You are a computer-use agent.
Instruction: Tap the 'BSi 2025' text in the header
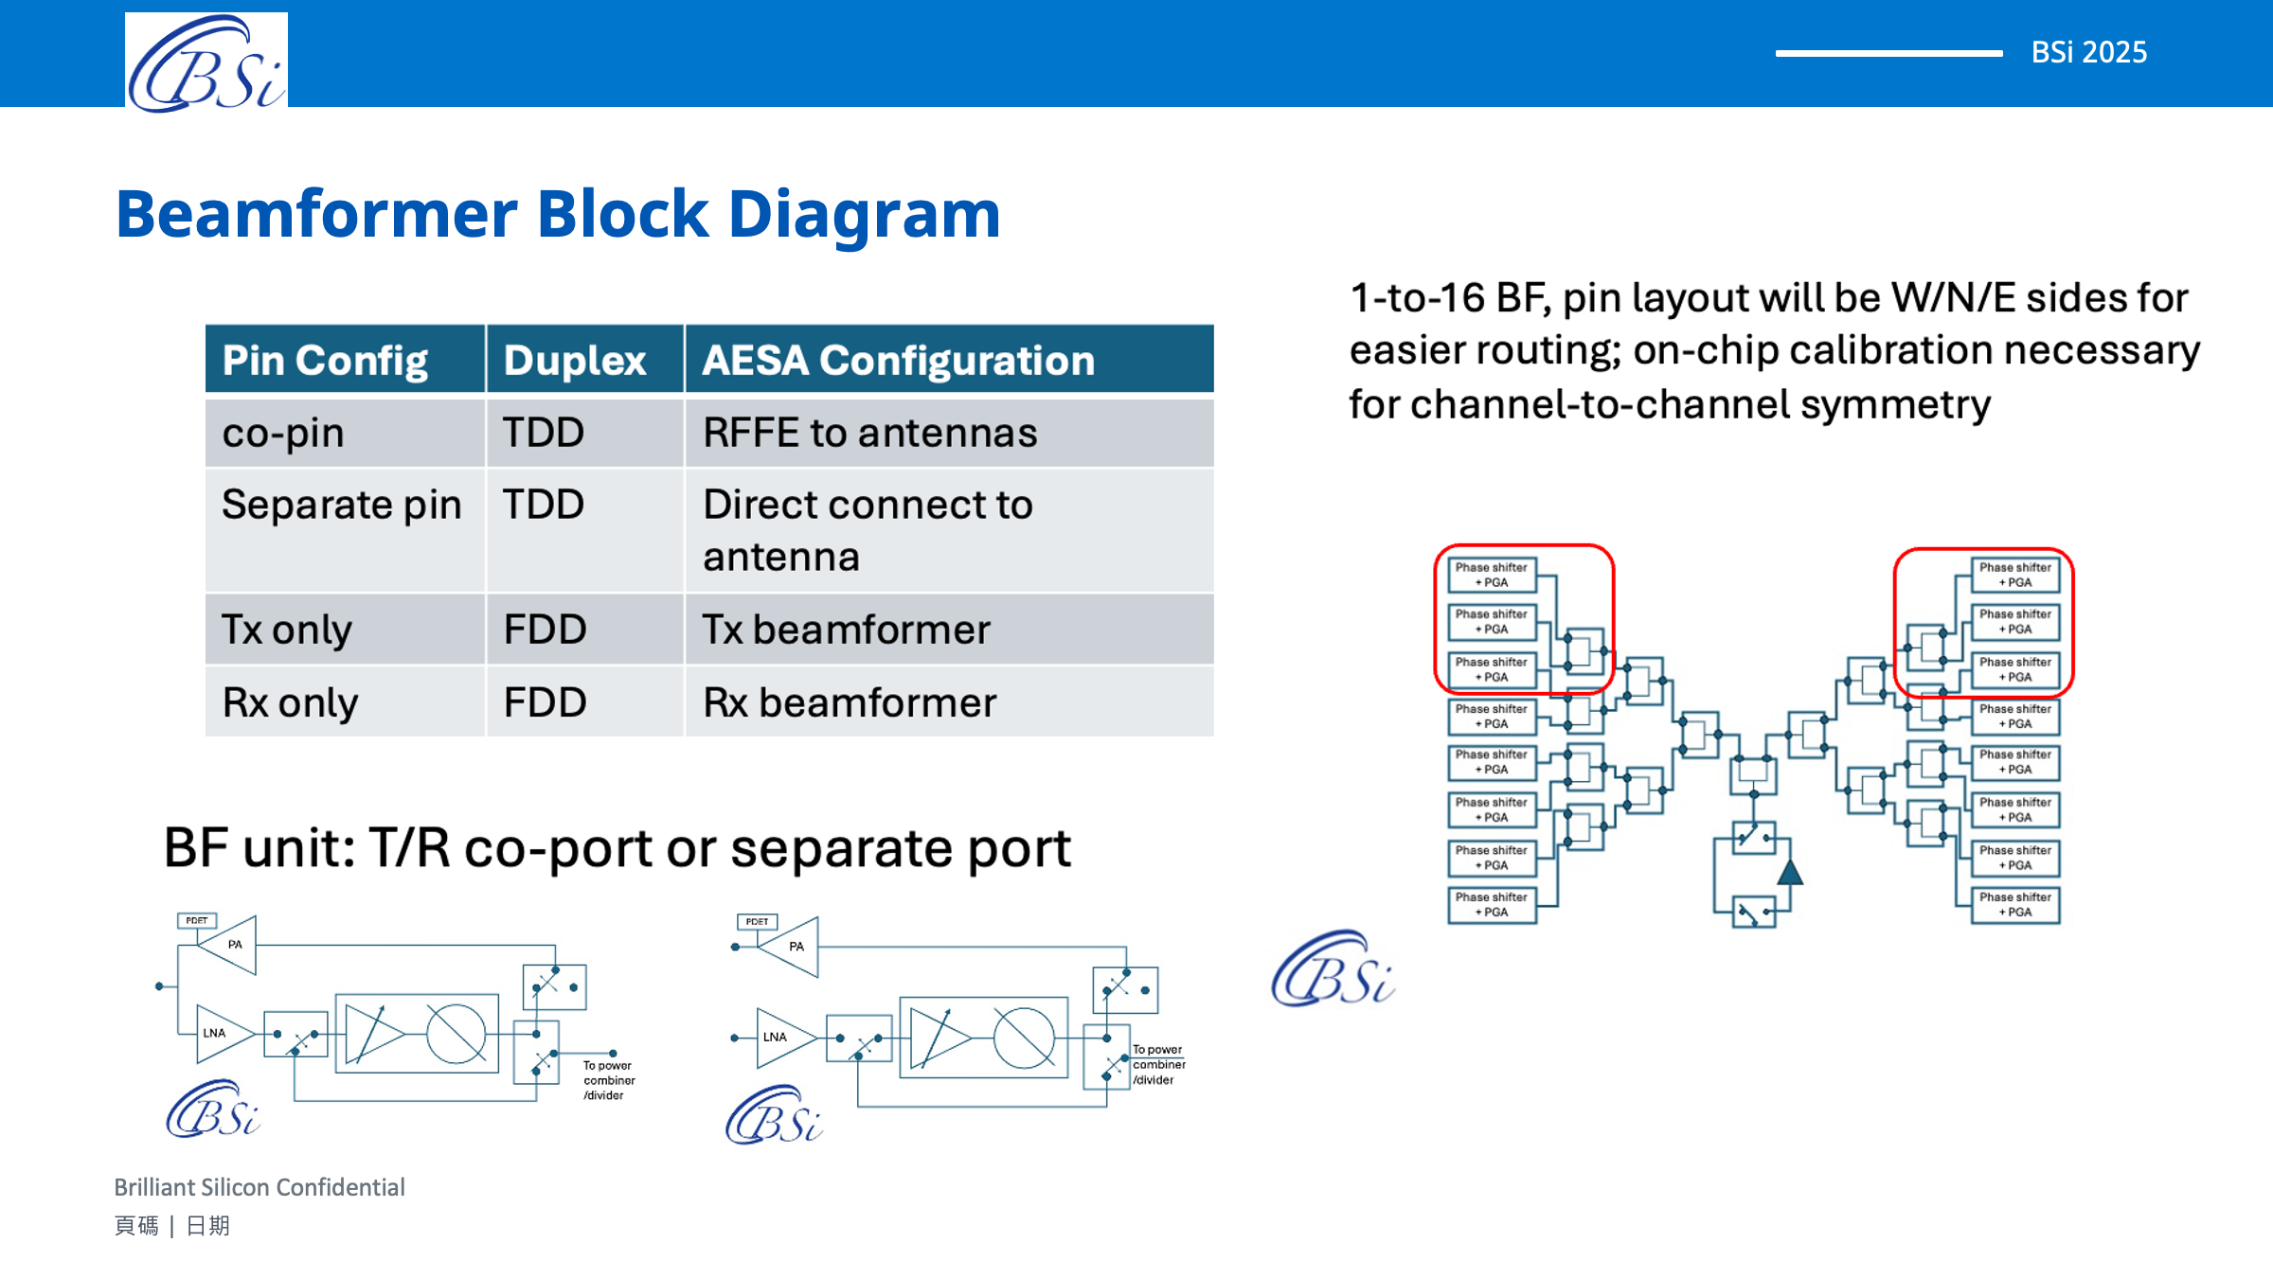click(x=2088, y=52)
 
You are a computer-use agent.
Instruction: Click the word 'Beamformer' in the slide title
click(x=316, y=214)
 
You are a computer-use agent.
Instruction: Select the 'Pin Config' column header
click(x=325, y=361)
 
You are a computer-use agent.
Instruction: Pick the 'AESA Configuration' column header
click(x=898, y=361)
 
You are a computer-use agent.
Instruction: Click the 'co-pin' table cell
click(x=283, y=434)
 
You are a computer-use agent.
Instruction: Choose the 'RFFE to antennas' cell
click(x=869, y=434)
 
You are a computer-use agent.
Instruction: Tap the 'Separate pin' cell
click(x=341, y=505)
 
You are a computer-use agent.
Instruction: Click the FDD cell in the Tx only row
click(x=545, y=630)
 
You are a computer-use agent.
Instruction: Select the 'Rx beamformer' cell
click(x=850, y=702)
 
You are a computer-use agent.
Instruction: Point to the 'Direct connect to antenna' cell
click(x=867, y=530)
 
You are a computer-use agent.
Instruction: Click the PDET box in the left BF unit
click(x=197, y=920)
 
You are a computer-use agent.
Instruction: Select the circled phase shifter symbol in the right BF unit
click(x=1024, y=1038)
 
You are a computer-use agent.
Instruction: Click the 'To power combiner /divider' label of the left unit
click(x=608, y=1080)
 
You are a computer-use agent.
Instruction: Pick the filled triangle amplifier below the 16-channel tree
click(x=1789, y=872)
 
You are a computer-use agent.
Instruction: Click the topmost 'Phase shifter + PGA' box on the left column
click(x=1491, y=575)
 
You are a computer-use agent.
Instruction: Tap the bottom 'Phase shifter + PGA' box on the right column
click(x=2014, y=904)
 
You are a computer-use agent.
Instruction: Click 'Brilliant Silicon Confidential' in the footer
click(x=260, y=1187)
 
